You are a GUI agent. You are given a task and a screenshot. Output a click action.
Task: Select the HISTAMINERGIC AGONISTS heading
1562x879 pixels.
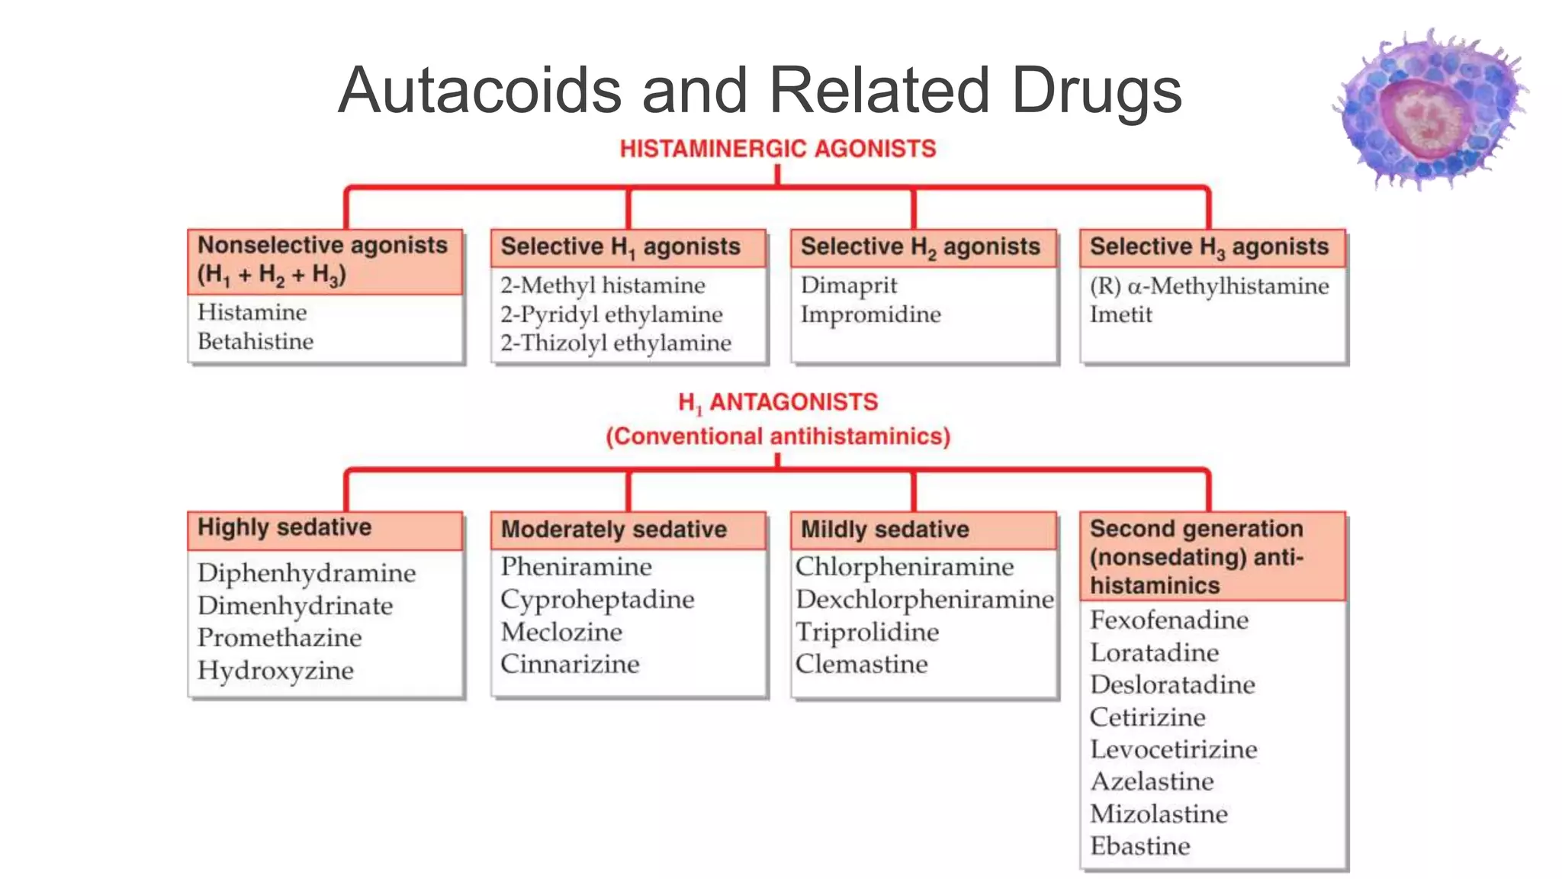tap(777, 149)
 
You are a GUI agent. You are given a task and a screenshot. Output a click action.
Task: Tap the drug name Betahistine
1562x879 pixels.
tap(256, 341)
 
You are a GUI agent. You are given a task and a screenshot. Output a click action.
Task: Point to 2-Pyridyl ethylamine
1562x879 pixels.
tap(612, 314)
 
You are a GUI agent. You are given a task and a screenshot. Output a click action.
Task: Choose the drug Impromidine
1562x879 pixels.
tap(870, 314)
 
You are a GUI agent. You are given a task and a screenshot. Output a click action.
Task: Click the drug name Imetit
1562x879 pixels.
tap(1120, 314)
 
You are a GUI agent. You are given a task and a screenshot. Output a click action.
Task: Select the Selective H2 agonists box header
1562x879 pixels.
tap(921, 247)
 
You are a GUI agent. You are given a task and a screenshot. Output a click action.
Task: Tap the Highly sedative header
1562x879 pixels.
tap(284, 528)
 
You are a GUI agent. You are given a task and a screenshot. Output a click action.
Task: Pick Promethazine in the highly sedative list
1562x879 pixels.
tap(280, 638)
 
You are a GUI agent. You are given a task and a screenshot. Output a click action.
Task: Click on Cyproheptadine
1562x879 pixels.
tap(597, 600)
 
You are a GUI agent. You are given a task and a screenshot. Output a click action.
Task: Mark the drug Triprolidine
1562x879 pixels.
tap(867, 632)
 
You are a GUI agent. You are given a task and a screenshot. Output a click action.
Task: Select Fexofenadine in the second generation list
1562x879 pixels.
tap(1169, 620)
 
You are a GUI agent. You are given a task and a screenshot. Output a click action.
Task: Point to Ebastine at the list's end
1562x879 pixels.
tap(1140, 846)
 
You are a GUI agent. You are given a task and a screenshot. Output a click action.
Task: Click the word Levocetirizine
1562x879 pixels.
tap(1174, 749)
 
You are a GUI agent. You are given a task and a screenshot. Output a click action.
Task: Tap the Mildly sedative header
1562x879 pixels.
tap(885, 530)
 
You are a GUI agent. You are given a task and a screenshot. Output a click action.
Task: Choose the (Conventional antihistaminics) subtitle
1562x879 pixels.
tap(778, 436)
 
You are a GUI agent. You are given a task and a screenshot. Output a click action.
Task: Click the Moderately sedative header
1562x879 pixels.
tap(614, 530)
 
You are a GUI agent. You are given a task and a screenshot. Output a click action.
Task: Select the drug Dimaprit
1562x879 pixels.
tap(849, 285)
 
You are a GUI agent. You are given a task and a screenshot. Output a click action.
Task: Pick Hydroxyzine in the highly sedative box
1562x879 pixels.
tap(275, 671)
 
